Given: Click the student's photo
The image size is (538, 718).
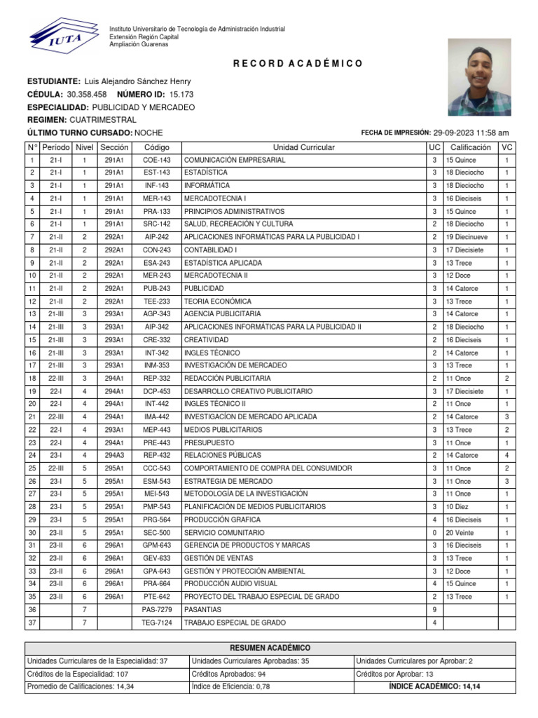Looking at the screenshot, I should (x=479, y=76).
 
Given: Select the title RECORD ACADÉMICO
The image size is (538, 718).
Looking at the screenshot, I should (x=298, y=64).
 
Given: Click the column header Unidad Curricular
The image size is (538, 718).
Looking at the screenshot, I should (x=303, y=147).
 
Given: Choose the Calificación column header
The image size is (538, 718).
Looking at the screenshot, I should (x=470, y=147).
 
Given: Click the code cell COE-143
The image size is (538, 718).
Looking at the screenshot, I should (x=156, y=160).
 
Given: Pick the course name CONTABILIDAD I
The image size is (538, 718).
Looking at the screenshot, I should (x=211, y=250).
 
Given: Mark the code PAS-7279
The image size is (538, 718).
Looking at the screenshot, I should (x=156, y=609).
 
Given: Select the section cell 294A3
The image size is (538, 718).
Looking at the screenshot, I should (x=114, y=455).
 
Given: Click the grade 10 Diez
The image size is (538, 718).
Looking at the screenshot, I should (x=460, y=506).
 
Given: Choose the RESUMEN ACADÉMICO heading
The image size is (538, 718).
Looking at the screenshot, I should (x=270, y=648).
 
